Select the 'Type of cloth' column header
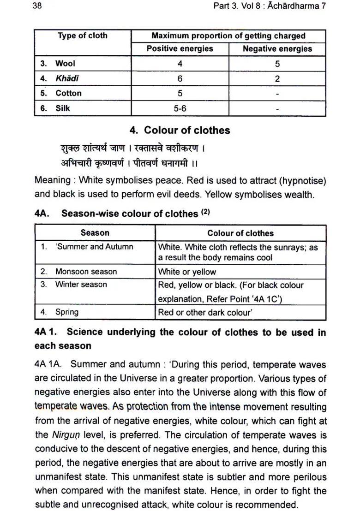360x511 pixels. point(83,36)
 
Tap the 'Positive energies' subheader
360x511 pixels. point(180,49)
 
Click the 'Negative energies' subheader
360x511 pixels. point(277,49)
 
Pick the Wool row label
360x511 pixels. point(65,64)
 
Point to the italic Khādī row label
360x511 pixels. point(67,78)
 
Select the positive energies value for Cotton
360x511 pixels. point(180,93)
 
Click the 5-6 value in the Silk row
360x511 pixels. point(180,108)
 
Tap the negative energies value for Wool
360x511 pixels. point(277,64)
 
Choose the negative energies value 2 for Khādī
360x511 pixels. point(277,79)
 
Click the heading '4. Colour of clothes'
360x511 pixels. point(180,131)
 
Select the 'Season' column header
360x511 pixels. point(95,233)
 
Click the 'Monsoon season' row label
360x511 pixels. point(86,272)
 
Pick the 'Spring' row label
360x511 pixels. point(66,312)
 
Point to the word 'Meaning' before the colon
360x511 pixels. point(51,180)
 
